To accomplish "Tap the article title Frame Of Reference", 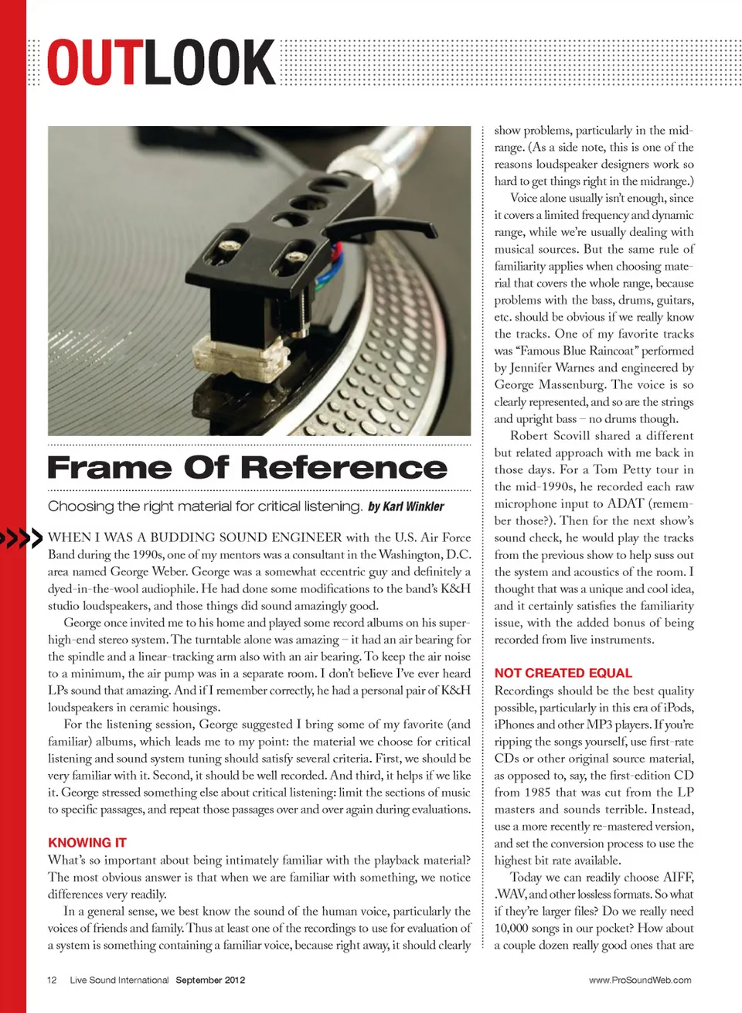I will coord(247,468).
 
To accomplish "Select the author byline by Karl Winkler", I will coord(406,507).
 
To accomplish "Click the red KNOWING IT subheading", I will coord(87,842).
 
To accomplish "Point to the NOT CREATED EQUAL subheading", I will coord(563,673).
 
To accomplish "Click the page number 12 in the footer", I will coord(52,980).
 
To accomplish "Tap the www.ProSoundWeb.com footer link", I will coord(640,980).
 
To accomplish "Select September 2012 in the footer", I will coord(210,980).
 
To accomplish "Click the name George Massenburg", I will coord(550,385).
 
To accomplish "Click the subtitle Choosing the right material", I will coord(205,507).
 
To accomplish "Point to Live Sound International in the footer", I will coord(119,980).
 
